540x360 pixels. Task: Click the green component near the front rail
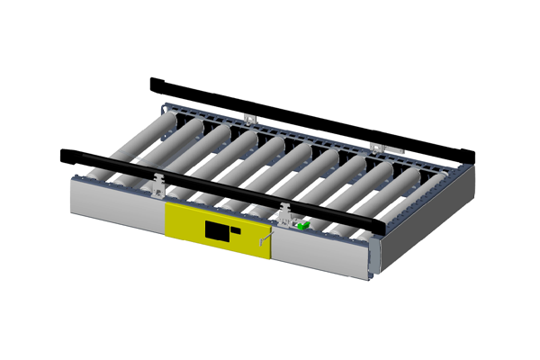pos(304,224)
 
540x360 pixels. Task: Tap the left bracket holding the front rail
pos(160,184)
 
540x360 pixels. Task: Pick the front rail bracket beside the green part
pos(286,214)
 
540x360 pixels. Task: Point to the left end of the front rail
pos(65,154)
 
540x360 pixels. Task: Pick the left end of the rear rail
pos(155,83)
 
